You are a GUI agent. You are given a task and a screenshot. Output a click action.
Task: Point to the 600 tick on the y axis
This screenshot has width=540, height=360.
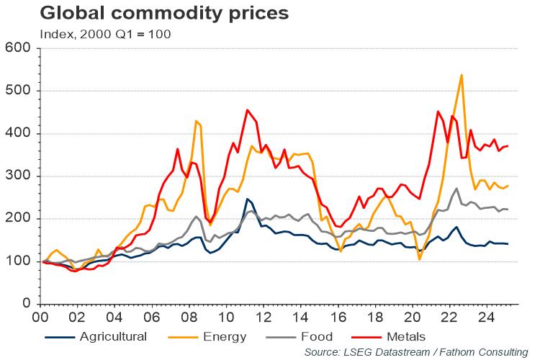point(19,48)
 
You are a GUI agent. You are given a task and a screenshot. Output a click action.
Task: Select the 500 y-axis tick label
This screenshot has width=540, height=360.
point(19,91)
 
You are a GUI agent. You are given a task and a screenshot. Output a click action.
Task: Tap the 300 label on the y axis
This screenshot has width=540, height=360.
point(19,176)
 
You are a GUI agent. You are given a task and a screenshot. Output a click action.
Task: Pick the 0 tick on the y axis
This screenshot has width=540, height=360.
point(27,304)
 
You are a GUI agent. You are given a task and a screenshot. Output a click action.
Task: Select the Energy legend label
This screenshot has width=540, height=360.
point(225,336)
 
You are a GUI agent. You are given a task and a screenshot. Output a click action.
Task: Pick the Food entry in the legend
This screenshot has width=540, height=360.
point(318,336)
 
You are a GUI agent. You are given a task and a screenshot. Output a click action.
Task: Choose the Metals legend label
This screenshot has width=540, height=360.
point(405,336)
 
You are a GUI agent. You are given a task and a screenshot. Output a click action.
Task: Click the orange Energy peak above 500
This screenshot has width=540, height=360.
point(461,75)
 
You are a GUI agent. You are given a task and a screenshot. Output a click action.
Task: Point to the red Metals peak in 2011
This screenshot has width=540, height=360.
point(247,110)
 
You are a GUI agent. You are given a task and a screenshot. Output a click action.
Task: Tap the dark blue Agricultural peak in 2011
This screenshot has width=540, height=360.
point(247,199)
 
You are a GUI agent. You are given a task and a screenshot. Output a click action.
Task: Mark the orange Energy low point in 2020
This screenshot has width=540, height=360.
point(420,259)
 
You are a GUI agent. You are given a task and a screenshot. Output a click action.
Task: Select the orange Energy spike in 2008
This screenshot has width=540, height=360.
point(196,121)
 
